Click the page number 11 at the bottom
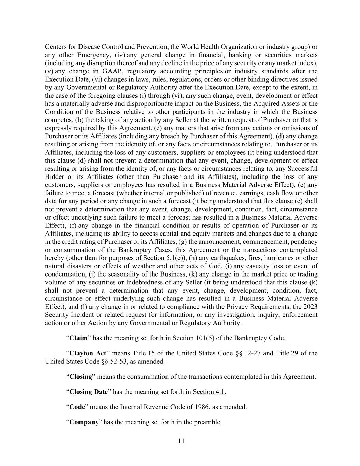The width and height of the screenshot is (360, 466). [181, 441]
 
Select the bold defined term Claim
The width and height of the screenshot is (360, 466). [78, 338]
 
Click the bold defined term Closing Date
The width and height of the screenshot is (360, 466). [88, 392]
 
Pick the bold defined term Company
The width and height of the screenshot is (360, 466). [84, 422]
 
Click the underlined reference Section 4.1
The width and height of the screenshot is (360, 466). [208, 392]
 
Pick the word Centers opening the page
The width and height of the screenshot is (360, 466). [56, 47]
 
